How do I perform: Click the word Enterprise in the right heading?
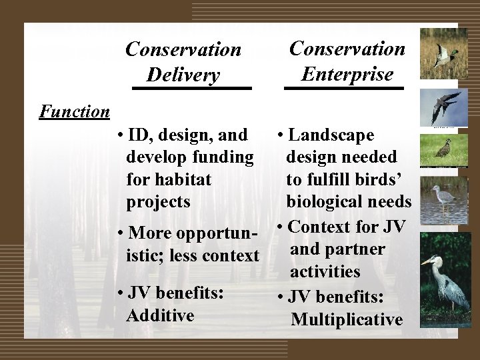[x=347, y=74]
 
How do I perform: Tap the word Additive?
[x=160, y=315]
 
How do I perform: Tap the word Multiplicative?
[x=347, y=319]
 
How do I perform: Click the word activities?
[x=325, y=271]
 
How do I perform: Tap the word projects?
[x=157, y=201]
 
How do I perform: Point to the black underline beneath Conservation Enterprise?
[x=345, y=87]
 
